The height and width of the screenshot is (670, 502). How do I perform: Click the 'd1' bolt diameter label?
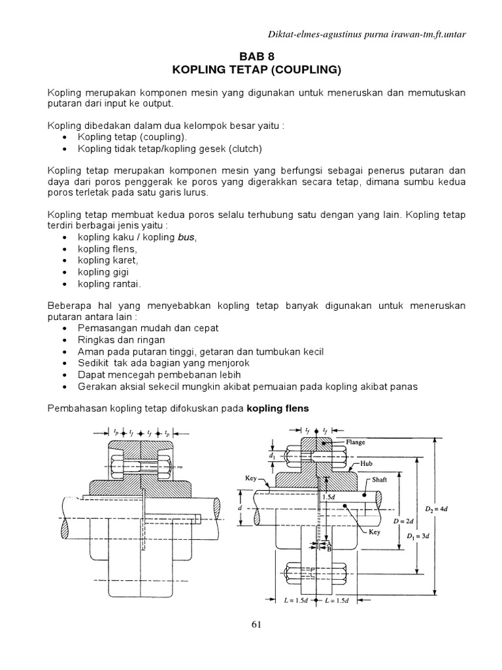point(272,452)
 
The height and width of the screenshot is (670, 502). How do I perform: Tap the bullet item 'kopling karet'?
point(103,260)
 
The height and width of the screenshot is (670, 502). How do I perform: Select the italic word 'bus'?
point(186,237)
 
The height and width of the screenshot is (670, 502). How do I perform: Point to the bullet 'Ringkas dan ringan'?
point(121,340)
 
